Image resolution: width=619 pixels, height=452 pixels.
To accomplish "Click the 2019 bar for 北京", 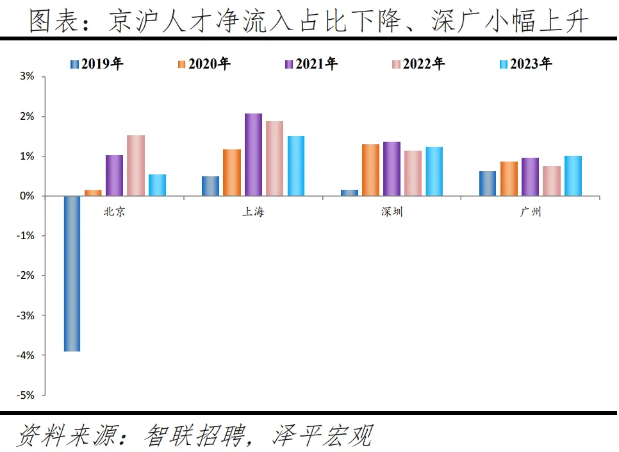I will coord(72,274).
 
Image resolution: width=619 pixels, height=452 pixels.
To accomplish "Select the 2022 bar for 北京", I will coord(136,165).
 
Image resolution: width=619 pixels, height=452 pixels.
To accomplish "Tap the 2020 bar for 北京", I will coord(93,192).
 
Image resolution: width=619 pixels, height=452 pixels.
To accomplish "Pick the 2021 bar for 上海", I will coord(253,155).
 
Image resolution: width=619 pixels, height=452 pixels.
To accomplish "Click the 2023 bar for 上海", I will coord(296,166).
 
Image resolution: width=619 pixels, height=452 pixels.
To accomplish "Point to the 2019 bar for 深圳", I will coord(349,192).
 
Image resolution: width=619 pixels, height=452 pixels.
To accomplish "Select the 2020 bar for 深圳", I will coord(370,170).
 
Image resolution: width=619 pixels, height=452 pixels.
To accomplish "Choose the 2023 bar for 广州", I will coord(574,176).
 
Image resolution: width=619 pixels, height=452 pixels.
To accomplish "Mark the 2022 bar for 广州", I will coord(552,181).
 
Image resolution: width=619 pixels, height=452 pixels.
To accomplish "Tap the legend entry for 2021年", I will coord(311,63).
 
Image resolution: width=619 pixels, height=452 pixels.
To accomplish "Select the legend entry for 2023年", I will coord(525,63).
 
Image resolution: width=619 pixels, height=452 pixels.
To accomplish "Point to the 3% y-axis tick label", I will coord(28,77).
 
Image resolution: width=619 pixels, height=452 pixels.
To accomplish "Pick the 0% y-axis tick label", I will coord(28,196).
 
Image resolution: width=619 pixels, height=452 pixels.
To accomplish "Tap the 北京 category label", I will coord(115,212).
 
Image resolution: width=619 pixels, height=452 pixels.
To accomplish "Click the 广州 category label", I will coord(531,212).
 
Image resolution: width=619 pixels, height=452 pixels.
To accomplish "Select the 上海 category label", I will coord(253,212).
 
